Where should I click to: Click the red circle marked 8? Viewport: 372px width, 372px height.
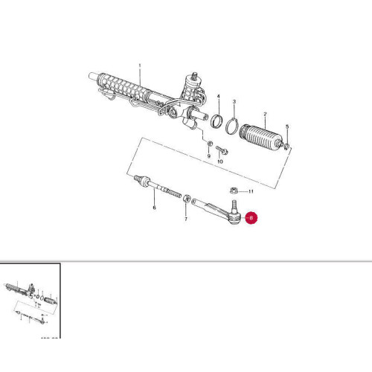pos(251,218)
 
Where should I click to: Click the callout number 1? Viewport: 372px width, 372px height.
pos(139,65)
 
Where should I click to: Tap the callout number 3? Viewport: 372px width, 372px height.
pos(219,97)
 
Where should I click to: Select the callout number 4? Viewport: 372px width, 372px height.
pos(288,127)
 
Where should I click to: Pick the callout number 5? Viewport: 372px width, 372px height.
pos(154,209)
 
